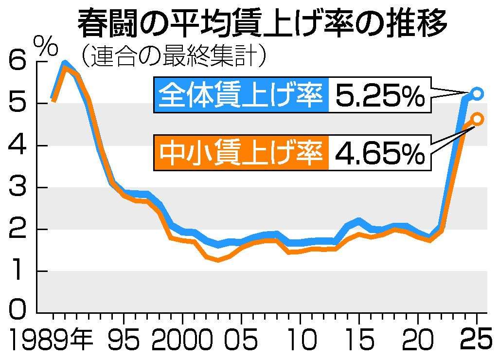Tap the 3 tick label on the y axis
click(17, 188)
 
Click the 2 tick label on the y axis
click(17, 230)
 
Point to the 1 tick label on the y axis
click(17, 271)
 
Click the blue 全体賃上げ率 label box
click(241, 94)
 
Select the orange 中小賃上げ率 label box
click(241, 152)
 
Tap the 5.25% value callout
click(380, 94)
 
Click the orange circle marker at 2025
click(477, 119)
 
